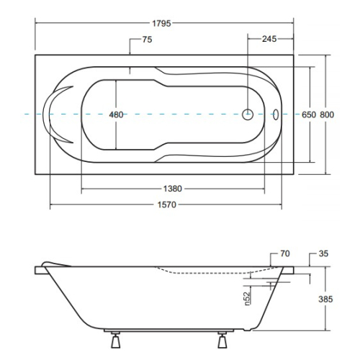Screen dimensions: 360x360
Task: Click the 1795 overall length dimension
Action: click(161, 24)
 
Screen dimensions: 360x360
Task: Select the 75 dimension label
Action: click(147, 40)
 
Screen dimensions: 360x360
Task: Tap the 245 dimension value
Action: click(269, 39)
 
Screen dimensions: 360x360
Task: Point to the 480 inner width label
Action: click(116, 114)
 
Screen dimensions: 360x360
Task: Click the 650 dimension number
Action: click(309, 114)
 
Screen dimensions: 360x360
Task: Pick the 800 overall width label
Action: click(327, 114)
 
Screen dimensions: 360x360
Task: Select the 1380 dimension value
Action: click(173, 189)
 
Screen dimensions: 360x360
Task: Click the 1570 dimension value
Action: click(167, 204)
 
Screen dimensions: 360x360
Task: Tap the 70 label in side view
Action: click(285, 253)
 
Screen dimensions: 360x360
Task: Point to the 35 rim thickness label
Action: click(323, 253)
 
